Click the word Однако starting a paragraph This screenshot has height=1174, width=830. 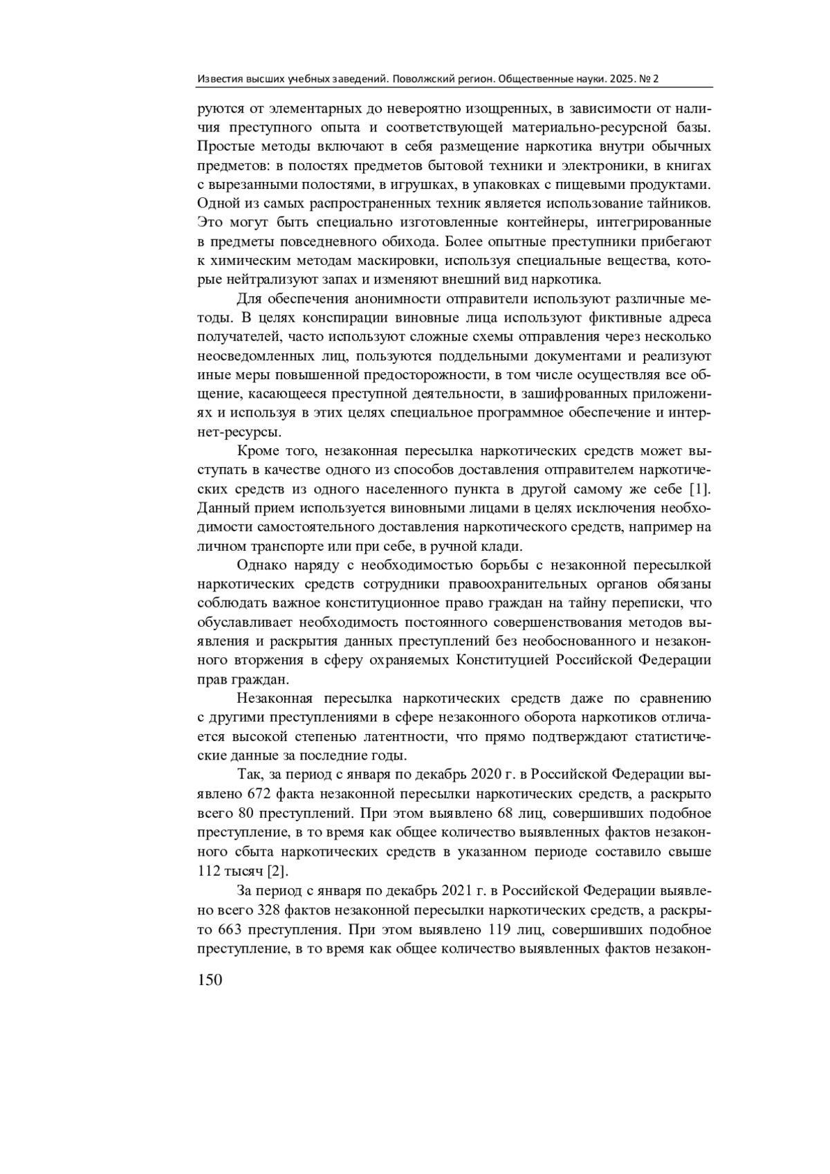261,566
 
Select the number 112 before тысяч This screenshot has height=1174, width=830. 210,870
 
